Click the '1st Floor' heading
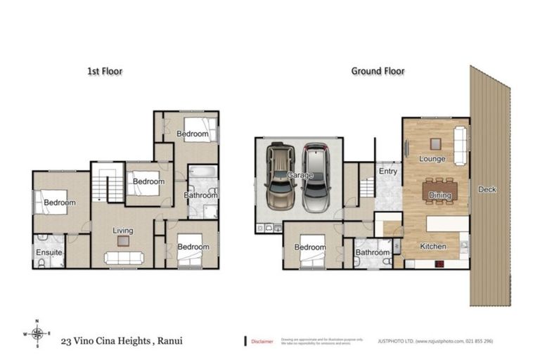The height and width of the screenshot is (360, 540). click(104, 71)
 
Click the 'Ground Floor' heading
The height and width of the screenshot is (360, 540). click(378, 71)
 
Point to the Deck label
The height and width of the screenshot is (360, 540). click(487, 189)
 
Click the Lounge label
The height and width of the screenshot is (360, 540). click(432, 159)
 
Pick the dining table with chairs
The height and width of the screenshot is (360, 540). click(439, 191)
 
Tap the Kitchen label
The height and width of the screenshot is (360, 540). click(433, 247)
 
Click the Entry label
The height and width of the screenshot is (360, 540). click(387, 171)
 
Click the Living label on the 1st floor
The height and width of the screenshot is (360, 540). click(124, 230)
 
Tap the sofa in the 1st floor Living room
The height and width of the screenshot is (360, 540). click(124, 258)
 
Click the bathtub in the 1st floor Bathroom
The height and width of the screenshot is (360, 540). click(201, 174)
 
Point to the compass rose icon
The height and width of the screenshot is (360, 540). click(39, 333)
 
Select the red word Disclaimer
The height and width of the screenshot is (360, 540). click(262, 341)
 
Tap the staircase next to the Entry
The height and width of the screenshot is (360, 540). click(366, 188)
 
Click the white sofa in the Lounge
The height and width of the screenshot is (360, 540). click(461, 146)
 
